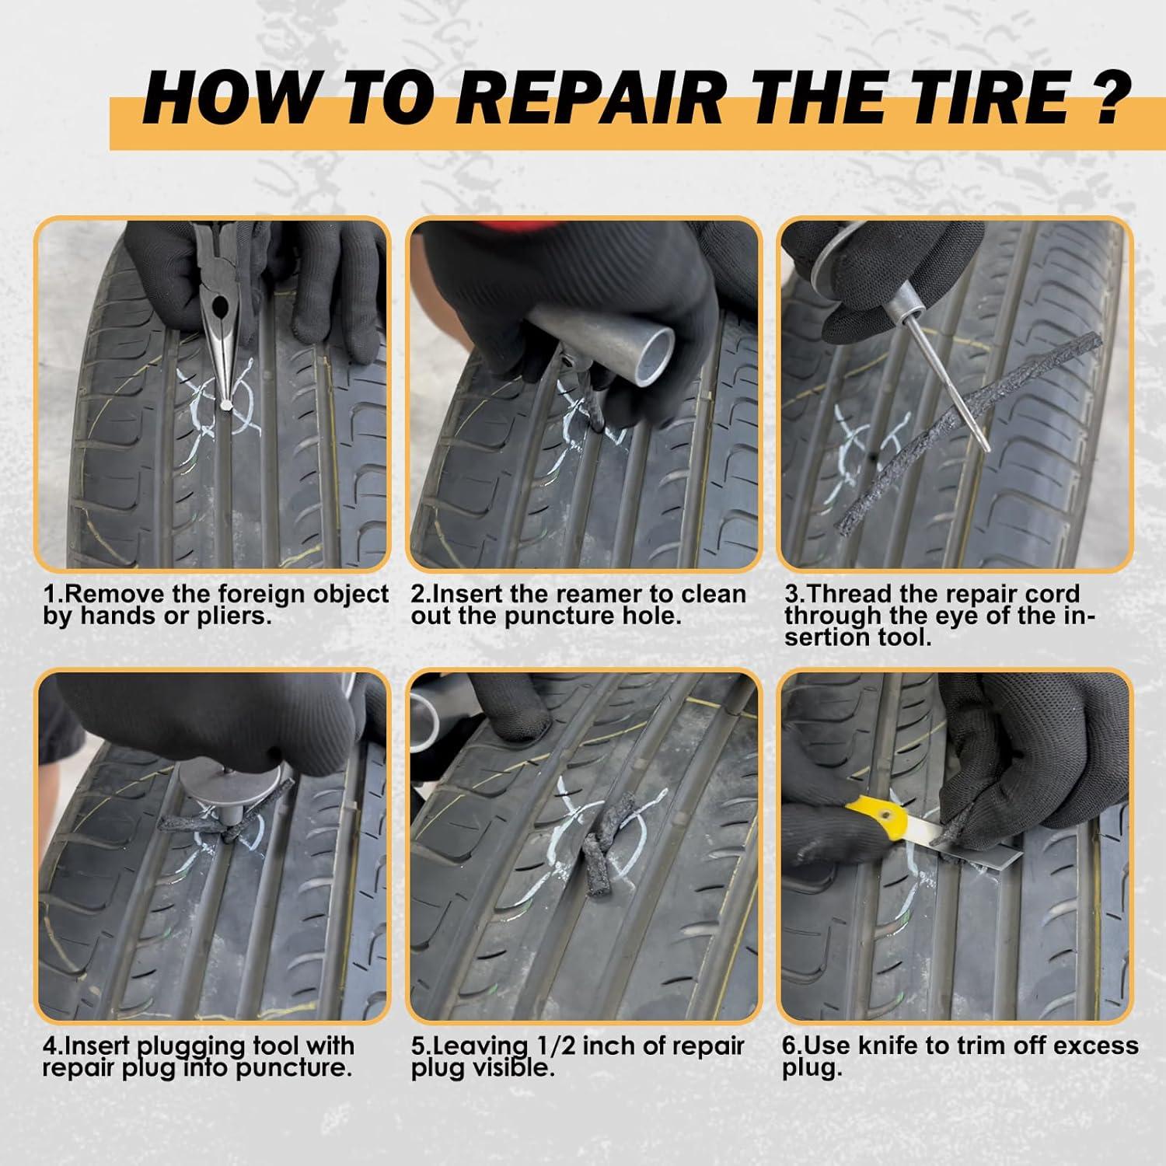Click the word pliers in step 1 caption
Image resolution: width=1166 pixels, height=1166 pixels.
coord(235,617)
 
